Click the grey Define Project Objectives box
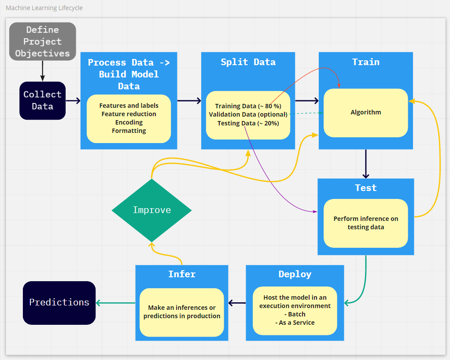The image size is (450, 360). coord(42,41)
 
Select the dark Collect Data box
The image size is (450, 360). coord(42,100)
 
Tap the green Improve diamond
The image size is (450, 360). coord(151,210)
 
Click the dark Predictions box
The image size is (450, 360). coord(59,302)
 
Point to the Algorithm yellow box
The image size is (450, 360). coord(365,112)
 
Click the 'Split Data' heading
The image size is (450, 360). coord(248,62)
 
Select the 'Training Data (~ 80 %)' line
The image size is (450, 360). coord(248,106)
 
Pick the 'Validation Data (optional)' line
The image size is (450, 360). coord(248,114)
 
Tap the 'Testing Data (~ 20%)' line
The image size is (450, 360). coord(248,123)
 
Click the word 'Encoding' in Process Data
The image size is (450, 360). coord(129,122)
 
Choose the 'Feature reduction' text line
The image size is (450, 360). coord(129,114)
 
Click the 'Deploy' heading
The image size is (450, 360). coord(295,274)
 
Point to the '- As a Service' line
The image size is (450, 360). coord(295,323)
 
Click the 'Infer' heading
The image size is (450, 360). coord(181,274)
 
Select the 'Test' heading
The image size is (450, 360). coord(365,188)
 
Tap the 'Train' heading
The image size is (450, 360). coord(365,62)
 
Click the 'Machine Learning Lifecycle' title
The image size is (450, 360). coord(44,8)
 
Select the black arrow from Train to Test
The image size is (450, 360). coord(366,164)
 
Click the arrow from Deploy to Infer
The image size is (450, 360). coord(237,303)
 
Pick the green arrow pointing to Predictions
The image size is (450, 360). coord(115,303)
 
